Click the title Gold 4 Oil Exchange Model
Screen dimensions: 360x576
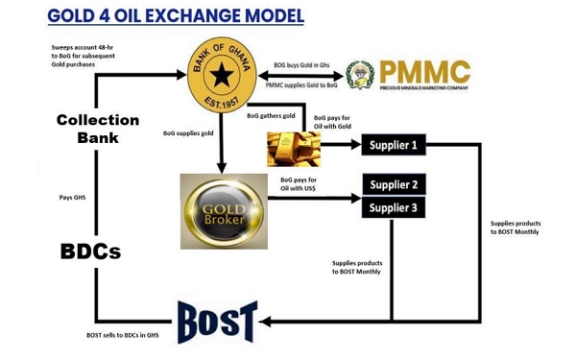coord(176,16)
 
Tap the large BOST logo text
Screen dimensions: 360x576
coord(217,322)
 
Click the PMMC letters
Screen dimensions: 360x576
coord(423,72)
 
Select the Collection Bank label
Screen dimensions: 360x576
coord(97,129)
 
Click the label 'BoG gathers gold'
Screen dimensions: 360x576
coord(271,115)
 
